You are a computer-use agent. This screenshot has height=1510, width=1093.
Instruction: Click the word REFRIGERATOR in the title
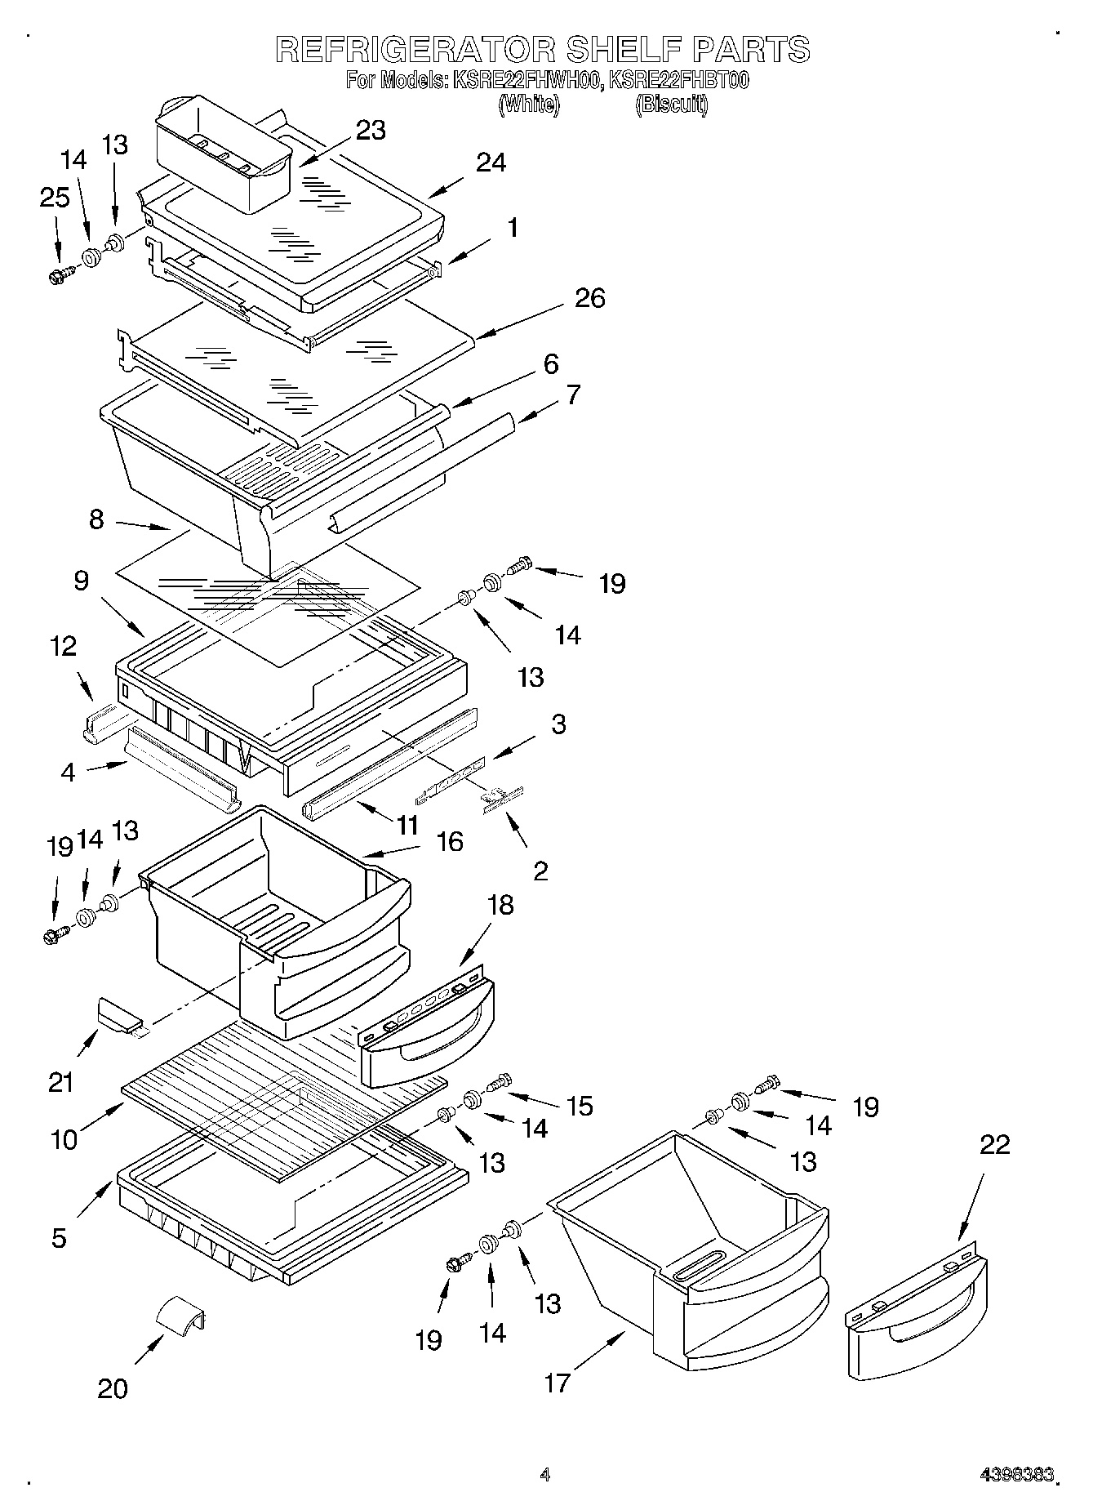coord(415,51)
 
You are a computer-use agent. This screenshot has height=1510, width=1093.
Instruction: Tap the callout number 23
coord(371,130)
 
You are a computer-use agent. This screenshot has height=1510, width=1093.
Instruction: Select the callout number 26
coord(589,298)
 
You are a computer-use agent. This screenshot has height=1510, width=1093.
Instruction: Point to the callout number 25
coord(55,198)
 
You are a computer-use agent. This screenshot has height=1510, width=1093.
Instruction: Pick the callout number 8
coord(96,519)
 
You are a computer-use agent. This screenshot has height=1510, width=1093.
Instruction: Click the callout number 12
coord(63,646)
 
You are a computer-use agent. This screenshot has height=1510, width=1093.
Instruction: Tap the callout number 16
coord(449,841)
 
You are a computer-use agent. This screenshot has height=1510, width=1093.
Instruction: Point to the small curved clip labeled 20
coord(180,1314)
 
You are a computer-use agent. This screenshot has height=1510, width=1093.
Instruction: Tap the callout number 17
coord(558,1383)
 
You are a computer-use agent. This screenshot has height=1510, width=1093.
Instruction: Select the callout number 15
coord(579,1106)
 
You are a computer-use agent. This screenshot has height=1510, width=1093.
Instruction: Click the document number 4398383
coord(1017,1475)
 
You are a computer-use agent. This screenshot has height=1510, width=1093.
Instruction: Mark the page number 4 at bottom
coord(545,1475)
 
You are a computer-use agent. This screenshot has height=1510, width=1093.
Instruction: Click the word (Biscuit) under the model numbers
coord(671,104)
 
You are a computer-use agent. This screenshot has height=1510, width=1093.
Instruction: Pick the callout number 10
coord(64,1138)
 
